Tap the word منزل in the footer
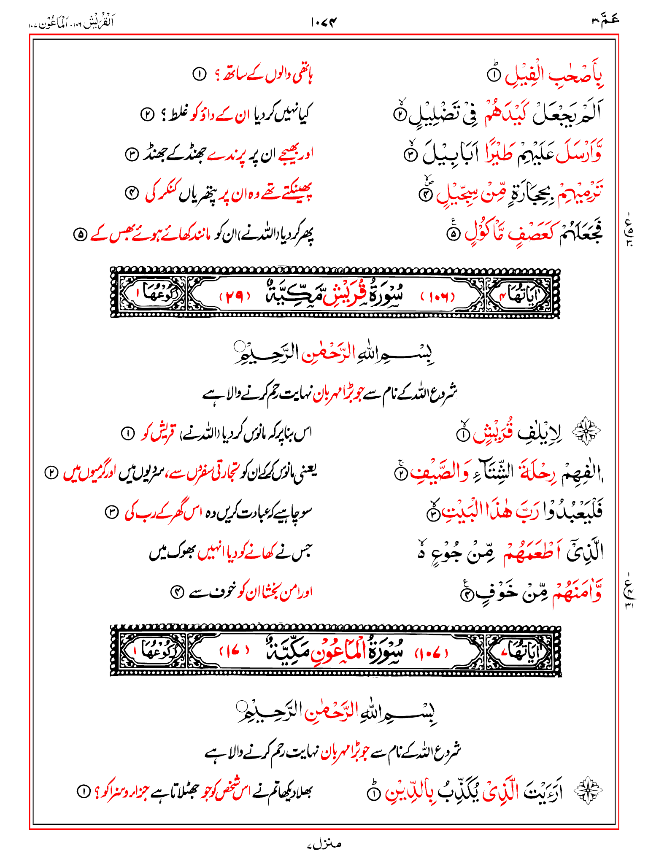pos(324,844)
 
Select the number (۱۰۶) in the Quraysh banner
pos(437,297)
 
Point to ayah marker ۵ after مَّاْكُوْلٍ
pos(453,235)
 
